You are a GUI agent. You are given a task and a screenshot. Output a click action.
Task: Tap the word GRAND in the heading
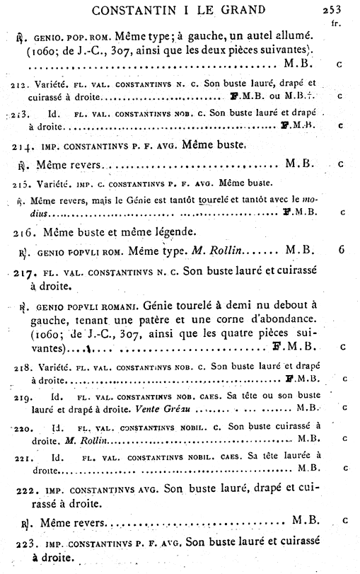pyautogui.click(x=240, y=10)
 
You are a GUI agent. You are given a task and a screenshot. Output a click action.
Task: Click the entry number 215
pyautogui.click(x=22, y=183)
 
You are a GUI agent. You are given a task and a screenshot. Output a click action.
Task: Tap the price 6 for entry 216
pyautogui.click(x=341, y=249)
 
